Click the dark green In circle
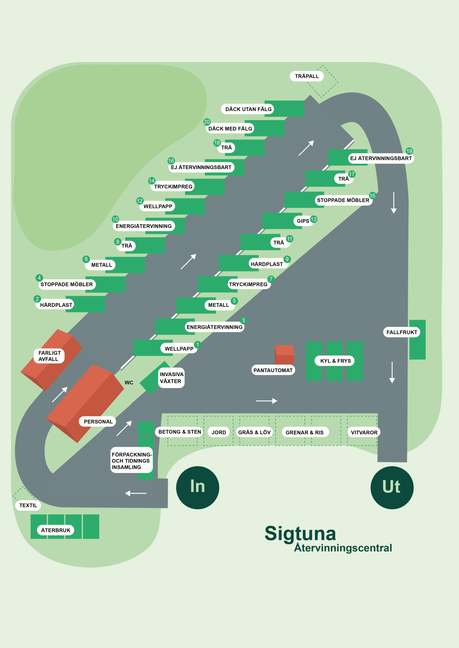click(197, 488)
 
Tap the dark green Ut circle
click(392, 488)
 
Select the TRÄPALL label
click(307, 76)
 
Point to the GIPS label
click(303, 221)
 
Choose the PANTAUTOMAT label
click(273, 370)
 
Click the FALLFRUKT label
click(402, 332)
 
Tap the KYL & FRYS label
click(335, 361)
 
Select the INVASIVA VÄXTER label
click(171, 378)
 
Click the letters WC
click(129, 383)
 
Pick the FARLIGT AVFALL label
click(49, 356)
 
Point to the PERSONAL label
click(98, 422)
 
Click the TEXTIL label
click(28, 505)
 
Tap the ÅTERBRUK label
click(56, 530)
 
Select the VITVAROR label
click(364, 432)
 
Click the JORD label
click(219, 432)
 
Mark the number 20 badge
click(207, 122)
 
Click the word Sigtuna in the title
click(300, 534)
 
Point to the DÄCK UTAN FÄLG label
click(248, 109)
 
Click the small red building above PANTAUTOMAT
click(284, 354)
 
